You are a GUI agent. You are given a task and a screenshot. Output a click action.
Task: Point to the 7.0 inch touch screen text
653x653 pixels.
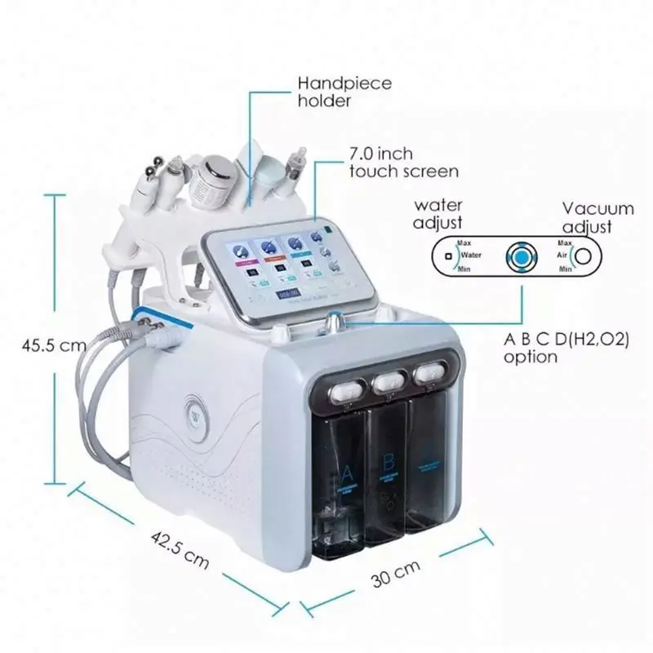click(x=403, y=162)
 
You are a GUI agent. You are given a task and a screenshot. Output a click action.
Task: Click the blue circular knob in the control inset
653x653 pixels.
click(x=520, y=255)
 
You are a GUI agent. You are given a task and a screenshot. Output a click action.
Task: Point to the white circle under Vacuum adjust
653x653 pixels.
click(x=584, y=255)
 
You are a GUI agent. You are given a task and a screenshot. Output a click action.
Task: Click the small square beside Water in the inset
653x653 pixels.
click(x=448, y=256)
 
